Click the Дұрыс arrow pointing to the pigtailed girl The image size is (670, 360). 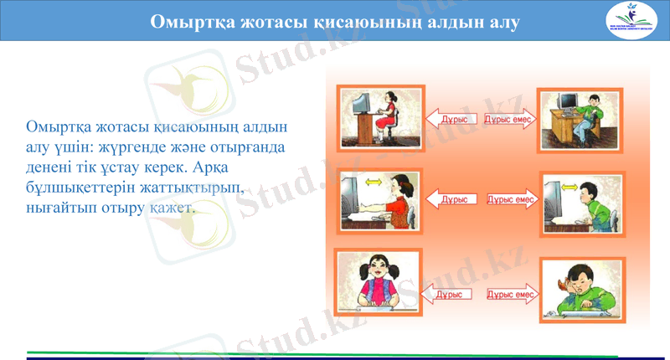(447, 294)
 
